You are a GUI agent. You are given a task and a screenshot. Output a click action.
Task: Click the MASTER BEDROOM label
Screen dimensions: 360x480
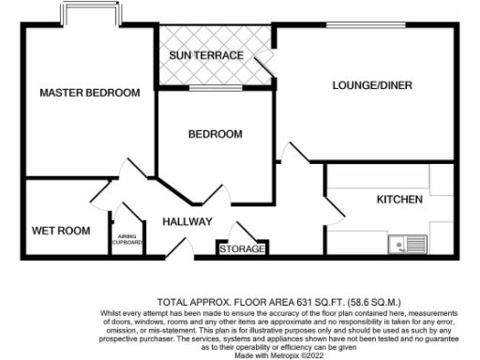(90, 93)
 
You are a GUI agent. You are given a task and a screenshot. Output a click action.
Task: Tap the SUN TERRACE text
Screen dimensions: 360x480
(206, 55)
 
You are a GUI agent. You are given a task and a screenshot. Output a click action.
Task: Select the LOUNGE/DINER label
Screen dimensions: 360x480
(372, 86)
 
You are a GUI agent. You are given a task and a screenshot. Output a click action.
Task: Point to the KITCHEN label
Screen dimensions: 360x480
(399, 200)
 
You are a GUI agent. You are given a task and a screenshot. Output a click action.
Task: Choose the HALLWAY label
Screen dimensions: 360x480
(187, 221)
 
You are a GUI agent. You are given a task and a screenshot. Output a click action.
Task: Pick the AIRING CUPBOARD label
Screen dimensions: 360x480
(129, 240)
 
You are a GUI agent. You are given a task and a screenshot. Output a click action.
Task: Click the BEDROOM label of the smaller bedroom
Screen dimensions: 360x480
(215, 134)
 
